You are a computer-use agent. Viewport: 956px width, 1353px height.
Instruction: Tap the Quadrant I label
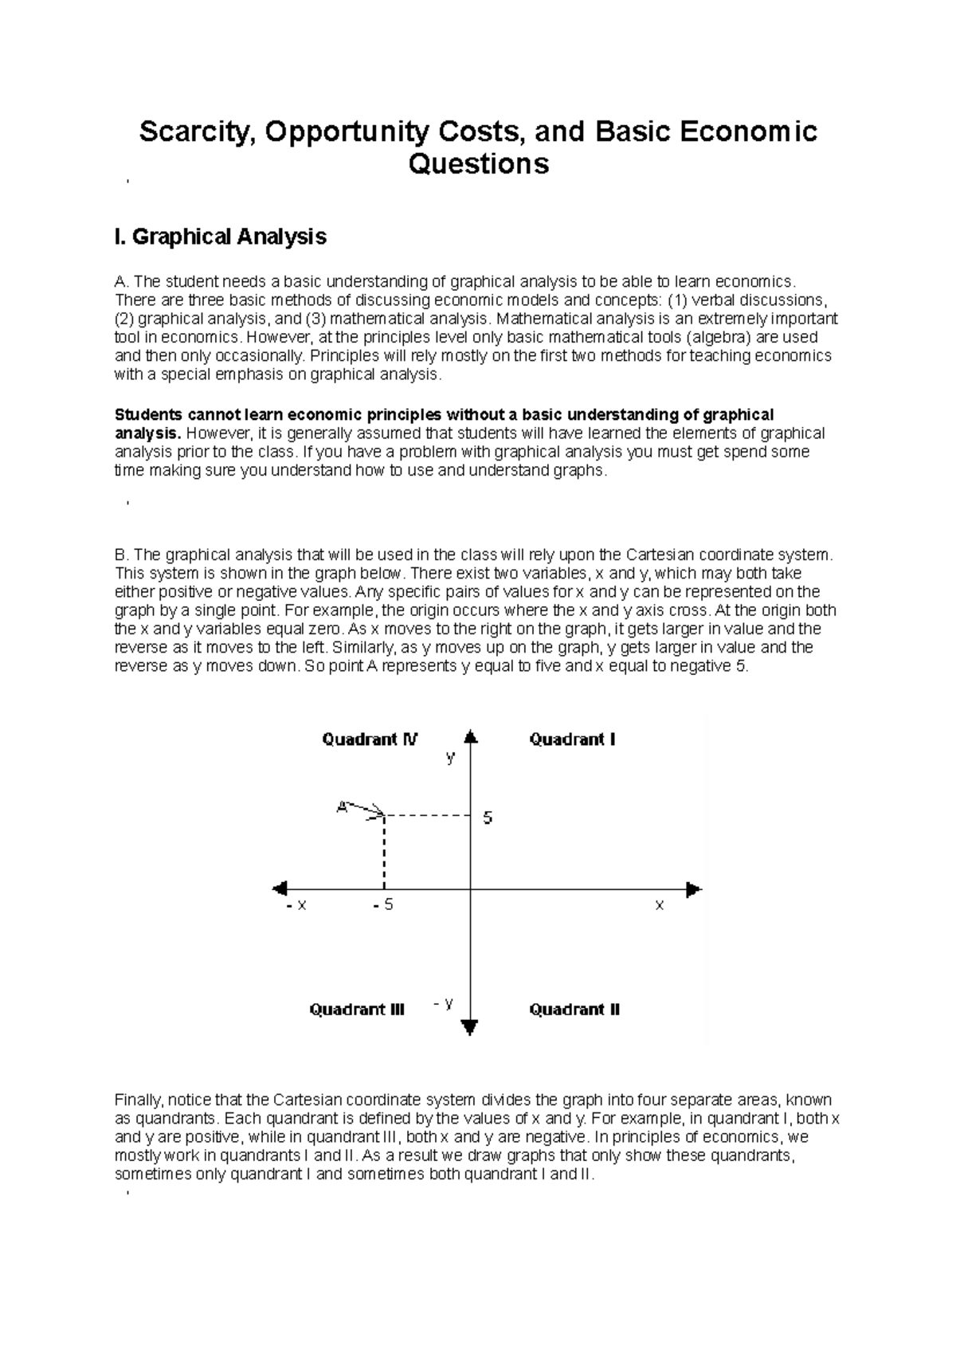click(572, 739)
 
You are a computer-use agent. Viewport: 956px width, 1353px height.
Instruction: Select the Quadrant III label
click(357, 1010)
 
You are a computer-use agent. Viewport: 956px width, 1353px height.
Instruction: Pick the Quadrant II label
click(574, 1010)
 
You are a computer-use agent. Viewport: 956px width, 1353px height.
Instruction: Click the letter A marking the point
click(342, 806)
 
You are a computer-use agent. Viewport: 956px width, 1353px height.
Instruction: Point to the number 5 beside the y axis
click(488, 818)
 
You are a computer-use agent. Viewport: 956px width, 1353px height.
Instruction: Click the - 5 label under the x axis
click(383, 906)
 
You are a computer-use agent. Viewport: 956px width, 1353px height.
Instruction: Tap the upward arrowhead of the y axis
click(471, 737)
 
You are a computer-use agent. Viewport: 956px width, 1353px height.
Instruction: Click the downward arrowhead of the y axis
click(470, 1027)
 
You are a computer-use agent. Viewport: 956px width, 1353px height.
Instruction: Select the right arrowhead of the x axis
click(693, 888)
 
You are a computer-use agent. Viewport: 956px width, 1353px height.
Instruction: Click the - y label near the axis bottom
click(444, 1003)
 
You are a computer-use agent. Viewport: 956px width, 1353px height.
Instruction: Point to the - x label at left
click(296, 906)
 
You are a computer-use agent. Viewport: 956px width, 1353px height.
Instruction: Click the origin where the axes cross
click(471, 888)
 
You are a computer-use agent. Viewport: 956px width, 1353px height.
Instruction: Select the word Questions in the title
click(479, 164)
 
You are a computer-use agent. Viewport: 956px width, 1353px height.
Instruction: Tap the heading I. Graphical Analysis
click(221, 237)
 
